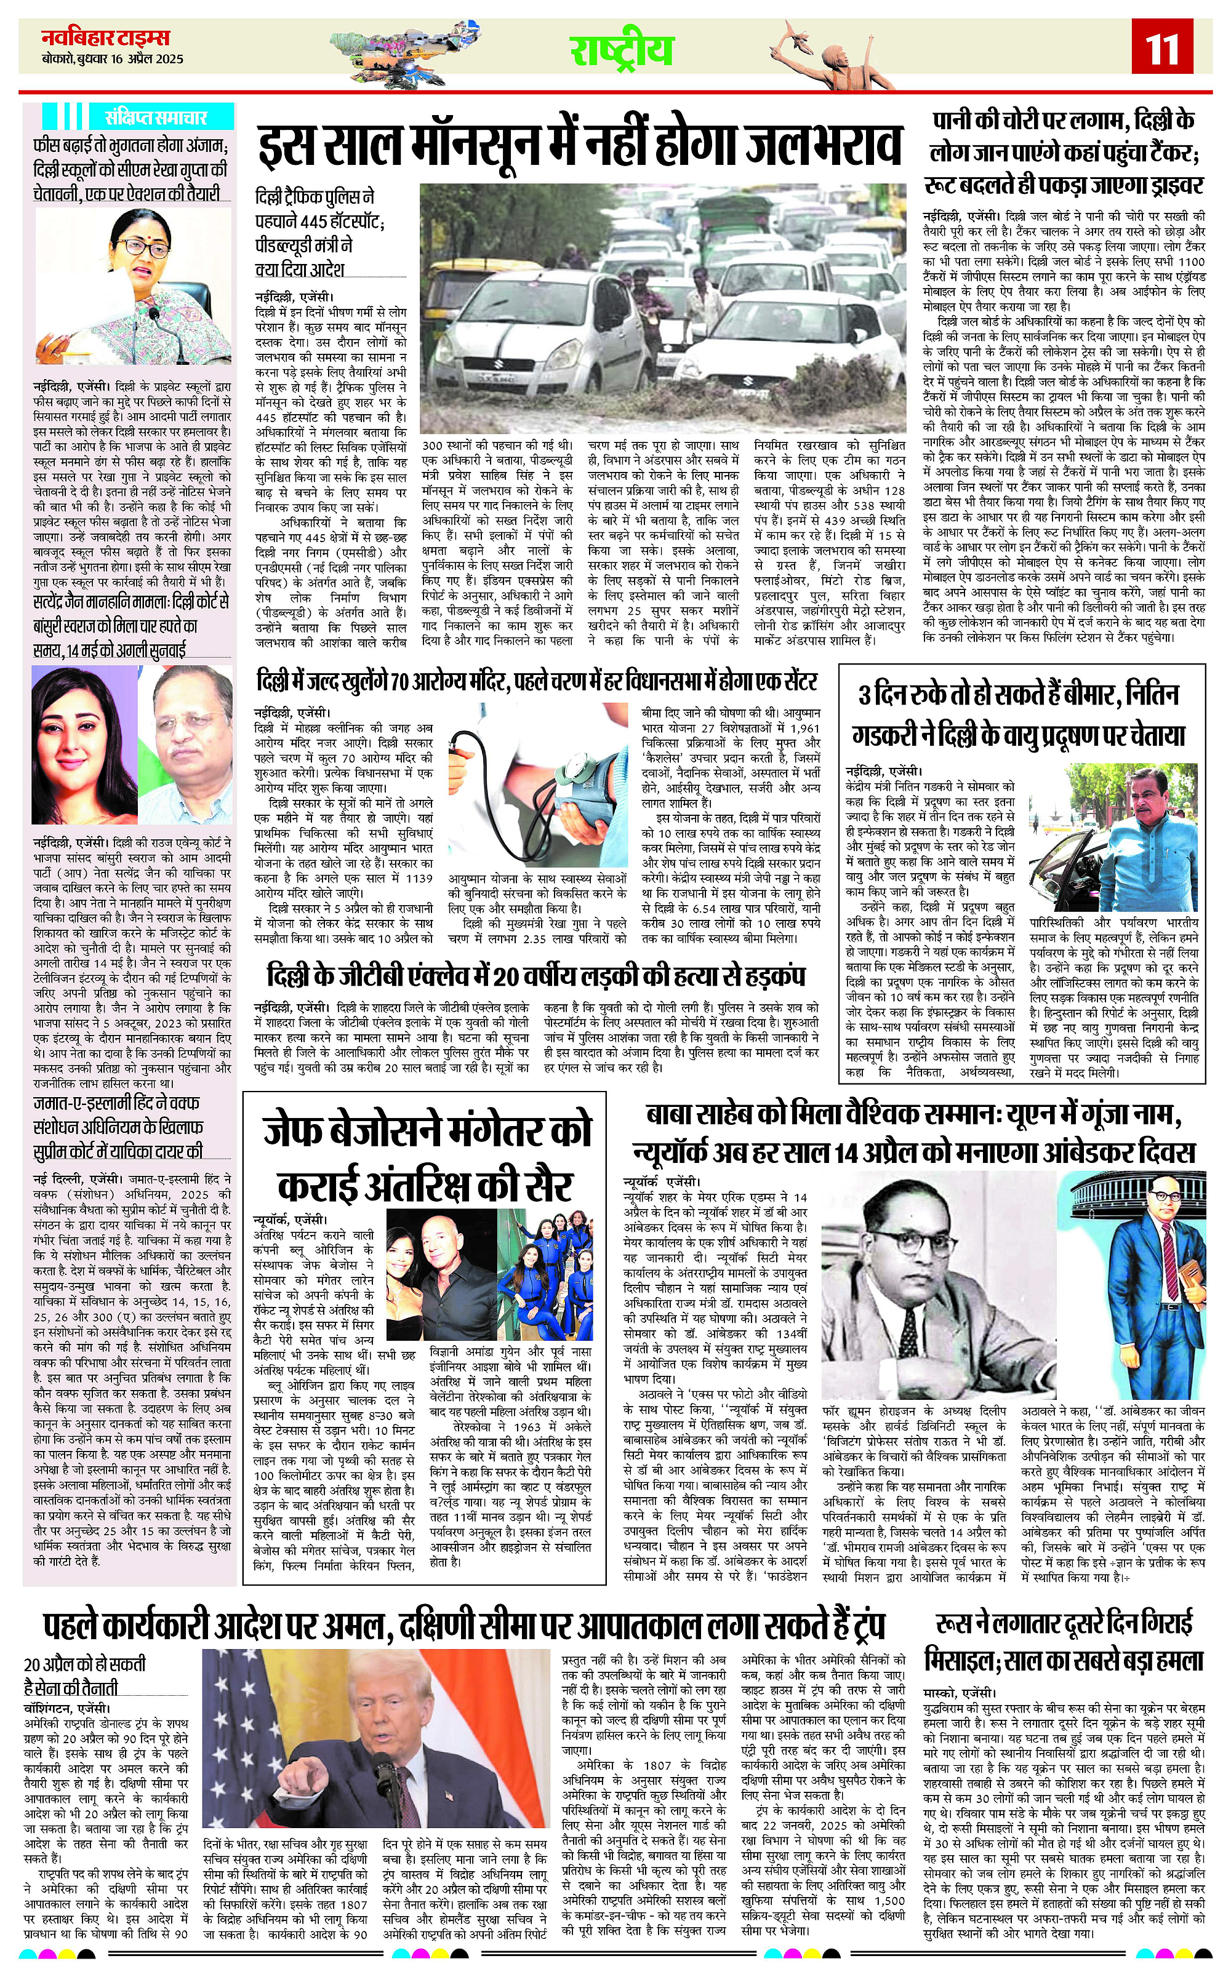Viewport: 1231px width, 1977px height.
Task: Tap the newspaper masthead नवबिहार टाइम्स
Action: point(106,38)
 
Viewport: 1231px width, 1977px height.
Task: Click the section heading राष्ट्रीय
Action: point(621,51)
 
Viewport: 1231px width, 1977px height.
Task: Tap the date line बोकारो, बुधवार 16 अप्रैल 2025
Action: point(113,60)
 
